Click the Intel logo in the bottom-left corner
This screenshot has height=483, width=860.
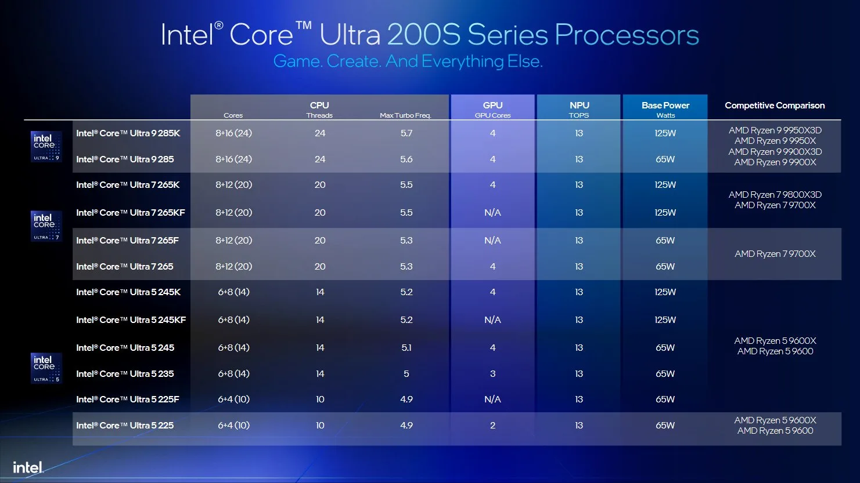click(x=28, y=467)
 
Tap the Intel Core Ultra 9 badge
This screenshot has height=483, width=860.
click(x=46, y=147)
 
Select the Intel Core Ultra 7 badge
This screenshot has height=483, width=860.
click(x=46, y=226)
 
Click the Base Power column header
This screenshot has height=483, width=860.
click(x=665, y=106)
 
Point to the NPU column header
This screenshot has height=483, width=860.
click(x=579, y=106)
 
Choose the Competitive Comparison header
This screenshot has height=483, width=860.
click(x=775, y=106)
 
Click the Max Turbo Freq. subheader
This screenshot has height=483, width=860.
click(x=405, y=115)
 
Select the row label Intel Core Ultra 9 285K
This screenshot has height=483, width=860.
click(x=128, y=133)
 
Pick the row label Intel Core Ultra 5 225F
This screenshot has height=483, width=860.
click(x=128, y=400)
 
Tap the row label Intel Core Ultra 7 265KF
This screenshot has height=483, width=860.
click(x=131, y=213)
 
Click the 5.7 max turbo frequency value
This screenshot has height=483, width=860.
click(x=406, y=133)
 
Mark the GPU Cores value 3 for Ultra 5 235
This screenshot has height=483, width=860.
click(x=492, y=374)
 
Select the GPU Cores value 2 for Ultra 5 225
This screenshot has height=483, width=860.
click(x=492, y=426)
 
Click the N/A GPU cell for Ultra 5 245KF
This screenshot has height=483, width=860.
click(x=492, y=320)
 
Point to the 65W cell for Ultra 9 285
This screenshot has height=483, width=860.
click(x=665, y=159)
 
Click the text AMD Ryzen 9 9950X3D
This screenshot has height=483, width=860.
click(x=775, y=130)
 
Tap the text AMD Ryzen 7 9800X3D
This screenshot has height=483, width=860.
click(x=775, y=195)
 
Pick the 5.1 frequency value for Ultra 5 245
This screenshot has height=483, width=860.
click(x=406, y=348)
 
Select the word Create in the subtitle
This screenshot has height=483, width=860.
click(x=354, y=61)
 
